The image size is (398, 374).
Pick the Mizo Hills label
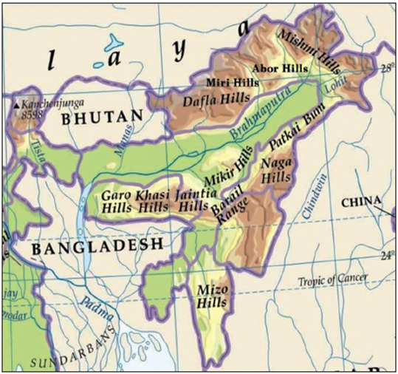[213, 297]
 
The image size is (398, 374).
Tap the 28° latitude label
[387, 69]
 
